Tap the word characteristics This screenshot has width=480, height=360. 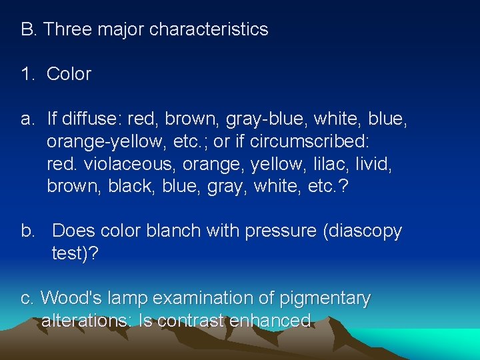pos(209,29)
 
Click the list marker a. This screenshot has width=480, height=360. pos(27,119)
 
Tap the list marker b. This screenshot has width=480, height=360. pos(28,231)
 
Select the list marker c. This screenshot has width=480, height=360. pos(27,299)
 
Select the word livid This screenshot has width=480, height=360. pos(370,164)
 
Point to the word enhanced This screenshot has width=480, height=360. pos(270,321)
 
